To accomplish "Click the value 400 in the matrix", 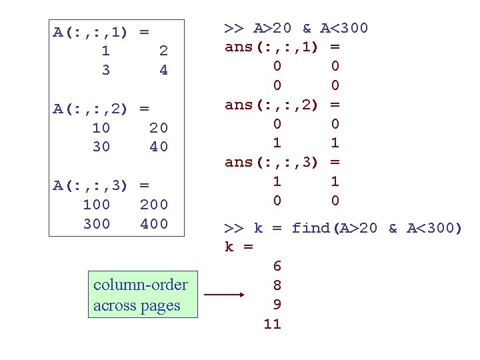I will pyautogui.click(x=154, y=224).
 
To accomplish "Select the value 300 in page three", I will pyautogui.click(x=97, y=224).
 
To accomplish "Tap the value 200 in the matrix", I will pyautogui.click(x=154, y=205).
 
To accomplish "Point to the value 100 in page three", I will pyautogui.click(x=97, y=205).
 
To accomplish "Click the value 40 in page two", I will pyautogui.click(x=159, y=147).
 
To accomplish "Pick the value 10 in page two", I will pyautogui.click(x=101, y=127).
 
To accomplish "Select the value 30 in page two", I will pyautogui.click(x=101, y=147).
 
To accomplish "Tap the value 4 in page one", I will pyautogui.click(x=164, y=70).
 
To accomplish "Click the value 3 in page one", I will pyautogui.click(x=106, y=70).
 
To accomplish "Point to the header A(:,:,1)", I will pyautogui.click(x=91, y=31).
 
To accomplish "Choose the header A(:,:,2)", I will pyautogui.click(x=91, y=109).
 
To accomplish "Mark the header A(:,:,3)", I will pyautogui.click(x=91, y=185).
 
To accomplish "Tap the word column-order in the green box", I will pyautogui.click(x=141, y=285).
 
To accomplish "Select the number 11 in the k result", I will pyautogui.click(x=272, y=325).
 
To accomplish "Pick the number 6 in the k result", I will pyautogui.click(x=277, y=266).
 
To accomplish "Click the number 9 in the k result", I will pyautogui.click(x=277, y=305).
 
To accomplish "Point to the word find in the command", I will pyautogui.click(x=311, y=228).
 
